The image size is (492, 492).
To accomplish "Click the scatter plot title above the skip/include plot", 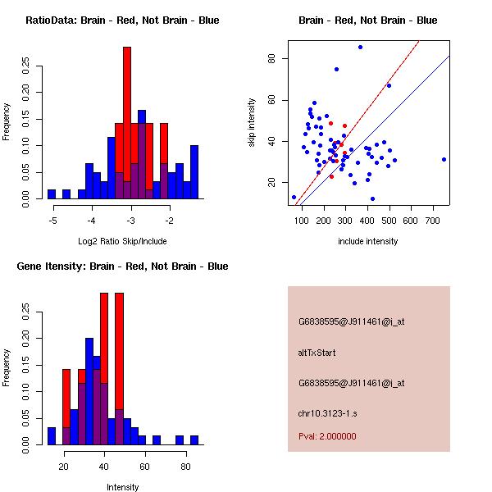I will point(367,20).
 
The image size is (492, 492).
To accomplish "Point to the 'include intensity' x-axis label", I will point(368,241).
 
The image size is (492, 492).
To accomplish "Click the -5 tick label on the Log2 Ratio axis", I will point(53,221).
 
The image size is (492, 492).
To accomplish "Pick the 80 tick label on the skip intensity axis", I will point(271,58).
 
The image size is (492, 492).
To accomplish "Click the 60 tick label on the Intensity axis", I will point(144,467).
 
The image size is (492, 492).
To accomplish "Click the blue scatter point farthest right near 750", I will point(444,159).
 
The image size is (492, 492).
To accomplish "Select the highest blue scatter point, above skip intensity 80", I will point(360,47).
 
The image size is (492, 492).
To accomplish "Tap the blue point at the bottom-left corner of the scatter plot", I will point(294,197).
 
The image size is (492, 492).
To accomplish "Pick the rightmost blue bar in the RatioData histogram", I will point(194,172).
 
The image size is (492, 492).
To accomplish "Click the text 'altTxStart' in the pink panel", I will point(317,353).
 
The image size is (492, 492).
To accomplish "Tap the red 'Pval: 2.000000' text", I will point(327,436).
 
